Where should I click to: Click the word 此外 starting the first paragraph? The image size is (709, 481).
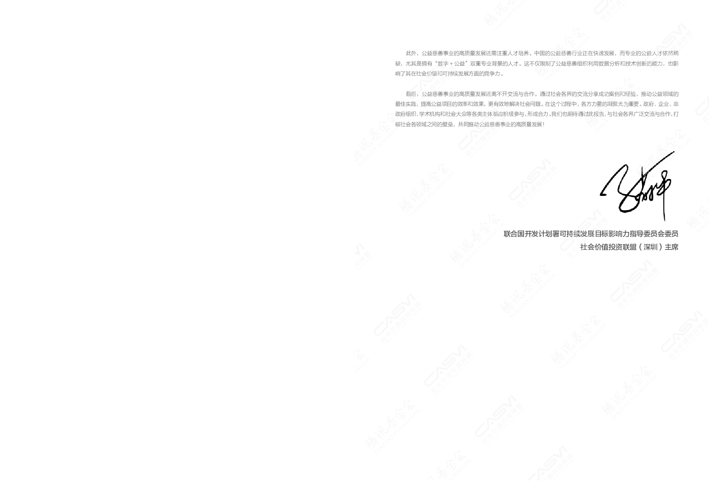click(411, 54)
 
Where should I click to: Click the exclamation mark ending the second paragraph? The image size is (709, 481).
click(544, 125)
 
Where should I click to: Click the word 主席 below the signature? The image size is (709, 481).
click(671, 247)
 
